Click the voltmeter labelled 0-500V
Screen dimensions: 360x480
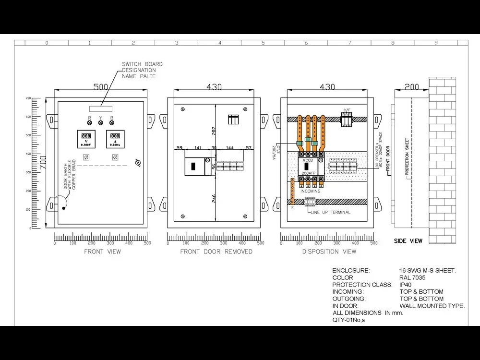pyautogui.click(x=86, y=139)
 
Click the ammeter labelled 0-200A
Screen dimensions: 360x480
pyautogui.click(x=115, y=139)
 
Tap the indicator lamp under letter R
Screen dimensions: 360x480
pyautogui.click(x=89, y=122)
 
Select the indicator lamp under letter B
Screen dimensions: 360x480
pyautogui.click(x=112, y=122)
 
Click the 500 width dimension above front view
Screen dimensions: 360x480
pyautogui.click(x=100, y=87)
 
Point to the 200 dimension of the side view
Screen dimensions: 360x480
pyautogui.click(x=411, y=87)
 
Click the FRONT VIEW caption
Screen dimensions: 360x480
pyautogui.click(x=102, y=252)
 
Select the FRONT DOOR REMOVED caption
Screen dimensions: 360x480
pyautogui.click(x=216, y=252)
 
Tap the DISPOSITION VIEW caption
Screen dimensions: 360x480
pyautogui.click(x=329, y=252)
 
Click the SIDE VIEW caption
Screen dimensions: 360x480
pyautogui.click(x=408, y=241)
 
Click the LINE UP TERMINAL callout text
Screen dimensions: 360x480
pyautogui.click(x=331, y=212)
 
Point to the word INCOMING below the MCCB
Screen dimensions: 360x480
pyautogui.click(x=311, y=191)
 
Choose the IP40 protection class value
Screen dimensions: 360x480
pyautogui.click(x=406, y=285)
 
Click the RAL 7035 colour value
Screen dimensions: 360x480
pyautogui.click(x=412, y=277)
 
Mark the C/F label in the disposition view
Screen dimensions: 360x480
pyautogui.click(x=347, y=110)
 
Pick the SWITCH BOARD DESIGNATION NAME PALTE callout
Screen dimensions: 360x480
pyautogui.click(x=142, y=70)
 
